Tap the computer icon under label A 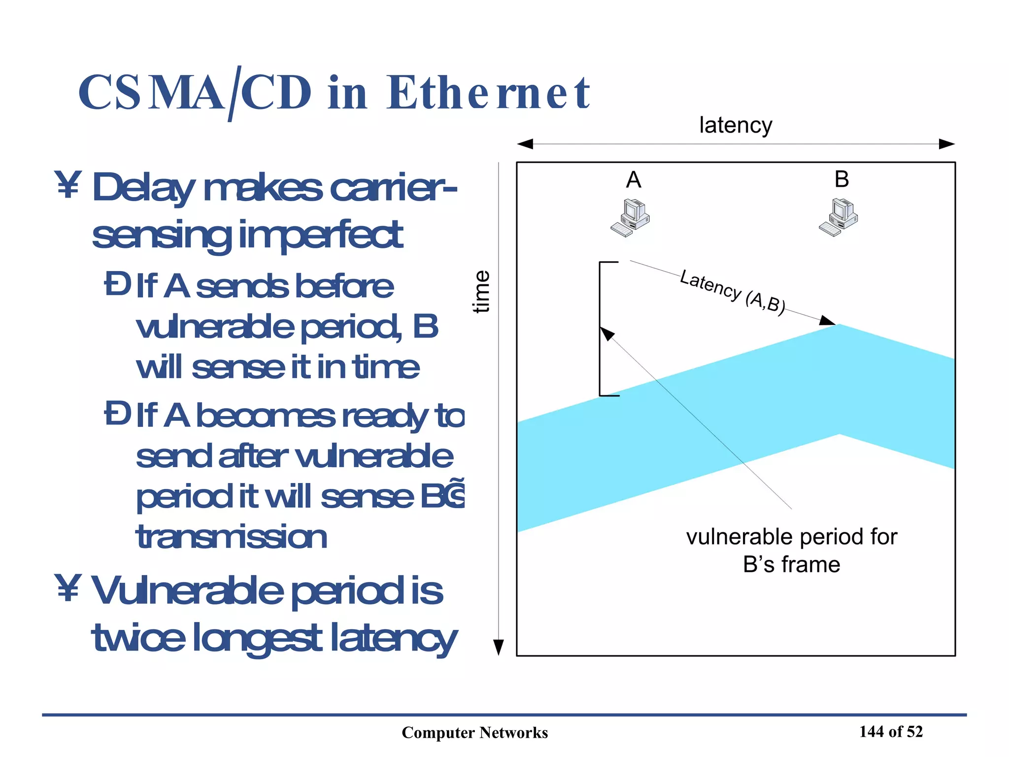[630, 217]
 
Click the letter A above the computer [634, 179]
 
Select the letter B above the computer [841, 179]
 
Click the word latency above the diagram [736, 125]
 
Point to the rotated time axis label [481, 291]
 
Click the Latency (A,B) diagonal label [732, 292]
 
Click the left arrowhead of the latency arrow [525, 144]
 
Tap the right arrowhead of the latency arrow [946, 144]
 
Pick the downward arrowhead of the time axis [499, 647]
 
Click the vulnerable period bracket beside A [601, 329]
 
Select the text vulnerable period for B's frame [791, 551]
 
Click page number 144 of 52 [891, 731]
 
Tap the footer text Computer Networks [474, 732]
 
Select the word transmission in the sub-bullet [231, 537]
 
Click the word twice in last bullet [139, 638]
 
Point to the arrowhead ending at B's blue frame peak [828, 320]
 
